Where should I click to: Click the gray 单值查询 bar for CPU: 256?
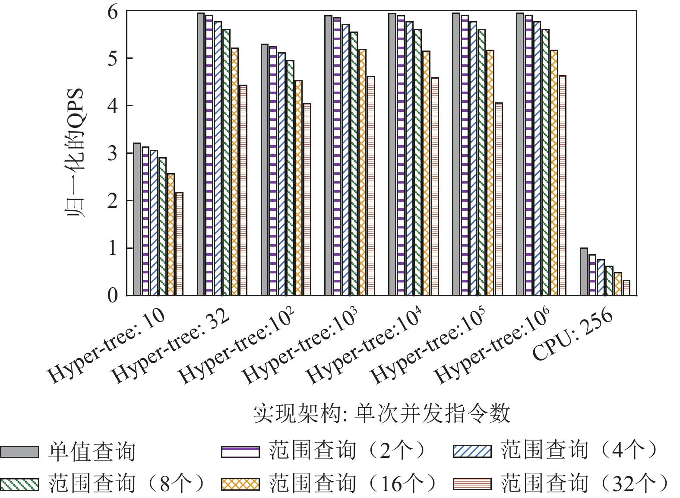tap(584, 272)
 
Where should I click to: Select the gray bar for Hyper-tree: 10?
tap(137, 219)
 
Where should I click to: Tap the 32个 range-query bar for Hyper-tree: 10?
tap(179, 244)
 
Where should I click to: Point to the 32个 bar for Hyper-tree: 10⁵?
tap(499, 199)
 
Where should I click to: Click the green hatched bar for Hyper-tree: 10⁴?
tap(417, 162)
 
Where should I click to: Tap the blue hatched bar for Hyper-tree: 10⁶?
tap(537, 159)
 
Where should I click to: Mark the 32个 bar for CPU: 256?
tap(626, 288)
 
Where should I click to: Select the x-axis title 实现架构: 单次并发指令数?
tap(381, 413)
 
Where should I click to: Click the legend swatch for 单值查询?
tap(19, 452)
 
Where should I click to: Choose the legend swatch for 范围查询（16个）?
tap(240, 484)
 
